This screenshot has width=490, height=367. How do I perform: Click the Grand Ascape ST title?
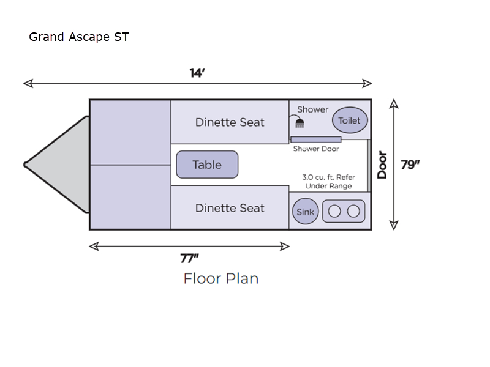coord(78,37)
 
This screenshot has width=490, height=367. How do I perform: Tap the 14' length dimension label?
coord(197,73)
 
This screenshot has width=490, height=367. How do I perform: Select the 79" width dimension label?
coord(410,165)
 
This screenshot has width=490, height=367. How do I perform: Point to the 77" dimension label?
coord(189,258)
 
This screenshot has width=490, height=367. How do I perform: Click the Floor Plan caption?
coord(221,278)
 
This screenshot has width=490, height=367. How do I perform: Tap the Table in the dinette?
coord(207,165)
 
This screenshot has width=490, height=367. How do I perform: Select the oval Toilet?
coord(350,120)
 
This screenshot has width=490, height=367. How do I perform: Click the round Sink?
coord(305,212)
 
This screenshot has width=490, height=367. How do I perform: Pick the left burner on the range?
coord(334,212)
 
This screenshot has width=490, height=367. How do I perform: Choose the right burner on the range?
coord(353,212)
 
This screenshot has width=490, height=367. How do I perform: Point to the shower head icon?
coord(300,124)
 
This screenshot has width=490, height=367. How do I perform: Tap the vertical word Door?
coord(383,165)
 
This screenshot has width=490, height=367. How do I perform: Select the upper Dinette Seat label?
coord(230,122)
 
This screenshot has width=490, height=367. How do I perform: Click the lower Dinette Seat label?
coord(230,208)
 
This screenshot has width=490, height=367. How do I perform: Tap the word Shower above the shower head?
coord(313,109)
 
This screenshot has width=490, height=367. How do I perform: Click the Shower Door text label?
coord(315,149)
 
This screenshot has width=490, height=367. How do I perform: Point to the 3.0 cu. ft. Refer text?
coord(328,177)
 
